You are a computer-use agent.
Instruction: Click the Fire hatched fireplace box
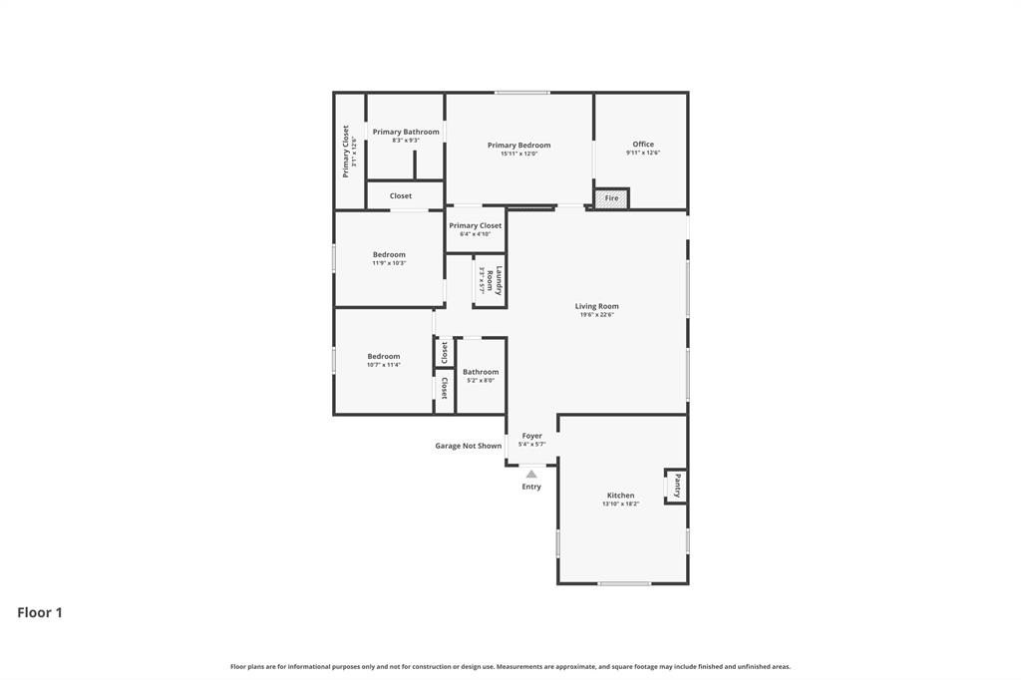(x=611, y=197)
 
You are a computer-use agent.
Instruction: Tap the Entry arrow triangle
(x=531, y=475)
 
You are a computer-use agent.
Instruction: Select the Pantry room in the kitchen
(x=676, y=486)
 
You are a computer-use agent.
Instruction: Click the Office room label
(x=643, y=145)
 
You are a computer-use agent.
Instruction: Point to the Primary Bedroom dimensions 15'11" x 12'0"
(x=518, y=154)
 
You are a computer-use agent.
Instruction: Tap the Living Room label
(x=596, y=306)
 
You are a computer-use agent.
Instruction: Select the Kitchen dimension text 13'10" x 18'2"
(x=620, y=504)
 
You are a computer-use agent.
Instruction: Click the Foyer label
(x=531, y=436)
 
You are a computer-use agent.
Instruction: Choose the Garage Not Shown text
(x=468, y=446)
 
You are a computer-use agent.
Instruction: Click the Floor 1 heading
(x=40, y=612)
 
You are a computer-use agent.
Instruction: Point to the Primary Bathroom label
(x=406, y=132)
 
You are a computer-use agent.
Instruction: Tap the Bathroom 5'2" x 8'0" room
(x=481, y=375)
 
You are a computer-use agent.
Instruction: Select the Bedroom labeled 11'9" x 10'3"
(x=389, y=258)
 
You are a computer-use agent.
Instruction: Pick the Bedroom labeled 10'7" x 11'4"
(x=383, y=360)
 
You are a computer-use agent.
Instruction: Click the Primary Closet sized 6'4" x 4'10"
(x=476, y=229)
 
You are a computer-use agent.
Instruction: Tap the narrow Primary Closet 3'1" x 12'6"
(x=349, y=151)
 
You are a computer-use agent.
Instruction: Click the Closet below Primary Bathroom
(x=401, y=195)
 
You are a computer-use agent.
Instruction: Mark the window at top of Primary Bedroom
(x=521, y=93)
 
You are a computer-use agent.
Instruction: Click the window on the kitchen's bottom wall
(x=624, y=583)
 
